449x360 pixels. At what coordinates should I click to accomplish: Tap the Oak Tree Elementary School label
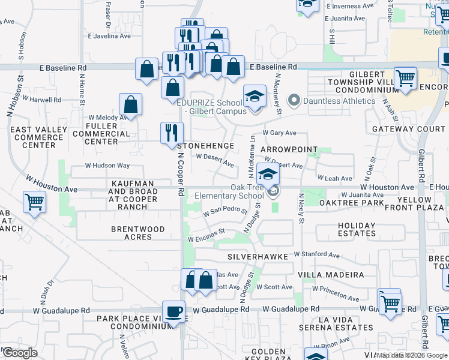coord(230,191)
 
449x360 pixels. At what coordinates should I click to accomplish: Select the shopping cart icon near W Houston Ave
coord(34,202)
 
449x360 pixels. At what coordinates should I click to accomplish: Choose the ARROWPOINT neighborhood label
coord(288,149)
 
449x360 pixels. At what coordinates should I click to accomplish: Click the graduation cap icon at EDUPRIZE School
coord(255,97)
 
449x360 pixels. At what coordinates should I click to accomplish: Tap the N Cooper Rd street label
coord(181,174)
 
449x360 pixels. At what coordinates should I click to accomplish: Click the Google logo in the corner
coord(20,353)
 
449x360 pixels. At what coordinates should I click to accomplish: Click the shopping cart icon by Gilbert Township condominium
coord(406,79)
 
